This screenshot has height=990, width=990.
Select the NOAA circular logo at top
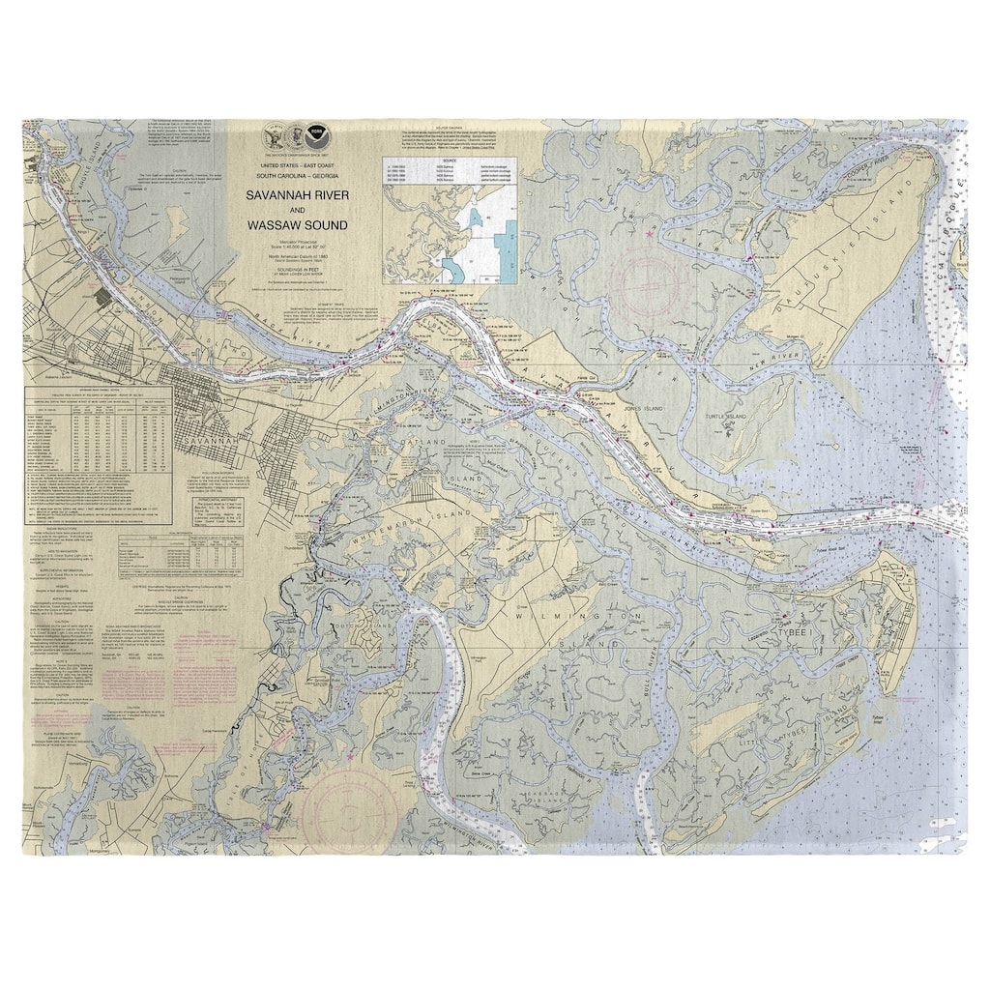[316, 136]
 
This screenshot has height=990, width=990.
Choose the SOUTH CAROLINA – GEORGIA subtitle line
[305, 177]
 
